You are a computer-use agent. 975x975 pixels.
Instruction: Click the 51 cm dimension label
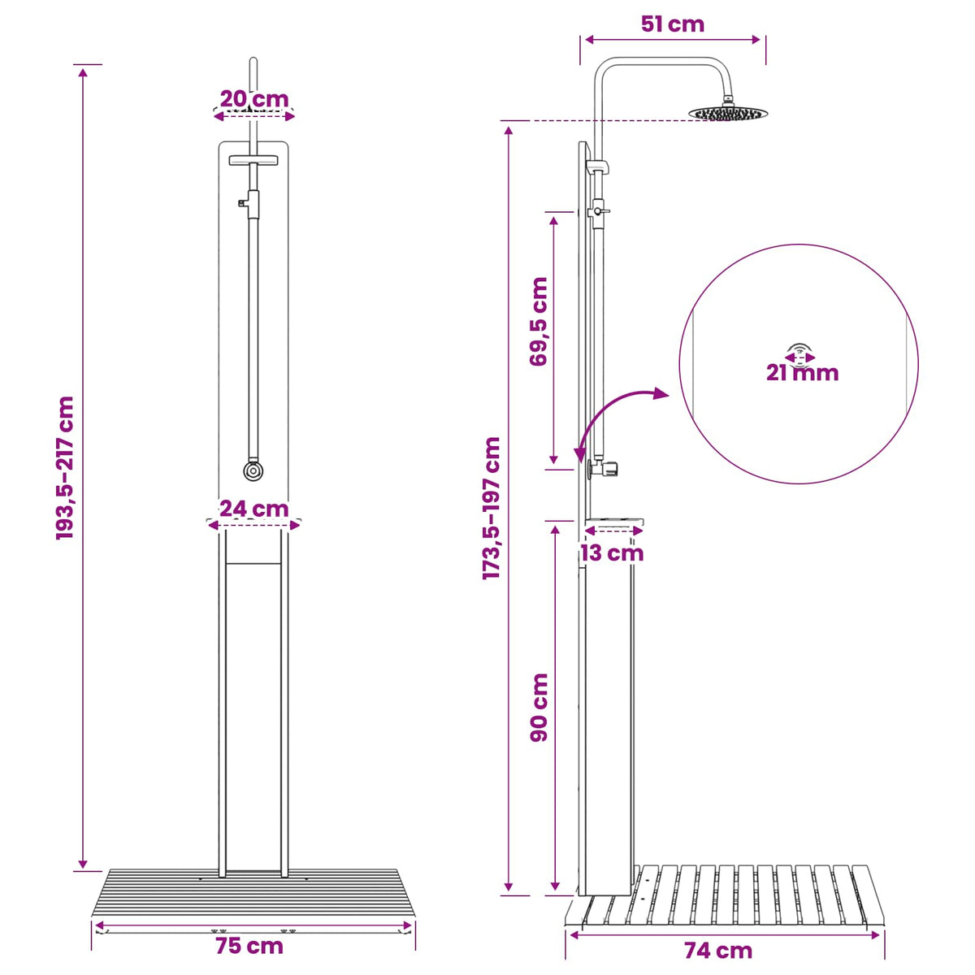click(x=672, y=24)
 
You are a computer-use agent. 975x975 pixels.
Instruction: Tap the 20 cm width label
click(x=254, y=99)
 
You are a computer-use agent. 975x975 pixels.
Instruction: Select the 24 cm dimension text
click(x=254, y=508)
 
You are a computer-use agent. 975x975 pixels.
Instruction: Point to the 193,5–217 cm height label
click(x=65, y=468)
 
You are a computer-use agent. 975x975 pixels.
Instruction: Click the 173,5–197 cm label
click(x=491, y=508)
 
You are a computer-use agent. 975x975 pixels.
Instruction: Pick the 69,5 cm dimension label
click(x=539, y=321)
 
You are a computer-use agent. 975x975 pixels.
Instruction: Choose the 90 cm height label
click(x=539, y=708)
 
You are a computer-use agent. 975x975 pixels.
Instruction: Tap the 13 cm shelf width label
click(x=612, y=553)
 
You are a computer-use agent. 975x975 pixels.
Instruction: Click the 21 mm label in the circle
click(x=802, y=373)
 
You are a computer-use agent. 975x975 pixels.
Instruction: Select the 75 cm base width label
click(x=249, y=946)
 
